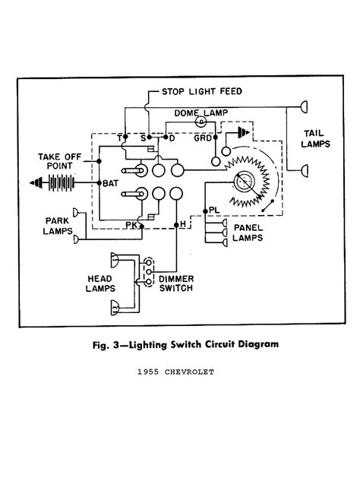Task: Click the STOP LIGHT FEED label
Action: click(201, 91)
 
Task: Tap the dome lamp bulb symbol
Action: click(201, 122)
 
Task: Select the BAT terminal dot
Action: click(99, 182)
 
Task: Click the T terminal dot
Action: click(125, 137)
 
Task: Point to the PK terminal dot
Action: click(141, 226)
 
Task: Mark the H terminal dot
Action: click(176, 225)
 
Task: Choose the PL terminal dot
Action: click(205, 211)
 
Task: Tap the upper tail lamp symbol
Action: click(305, 107)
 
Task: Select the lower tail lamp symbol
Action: click(305, 170)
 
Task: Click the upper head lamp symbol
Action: click(115, 261)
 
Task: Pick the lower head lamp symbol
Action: click(115, 308)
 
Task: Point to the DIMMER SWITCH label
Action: click(176, 283)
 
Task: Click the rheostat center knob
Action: click(244, 182)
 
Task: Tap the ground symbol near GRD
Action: click(244, 133)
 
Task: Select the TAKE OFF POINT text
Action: click(60, 161)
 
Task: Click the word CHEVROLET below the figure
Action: click(189, 372)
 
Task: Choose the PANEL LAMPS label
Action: click(248, 232)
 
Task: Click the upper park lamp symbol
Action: click(75, 213)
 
